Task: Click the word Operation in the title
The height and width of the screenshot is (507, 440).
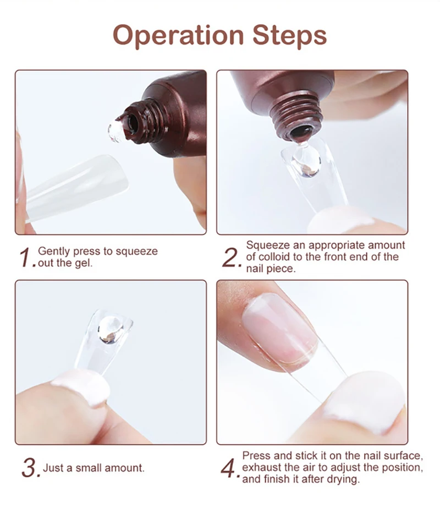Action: tap(178, 36)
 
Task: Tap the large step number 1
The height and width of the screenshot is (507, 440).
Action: tap(26, 258)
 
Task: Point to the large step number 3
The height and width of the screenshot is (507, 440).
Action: tap(30, 468)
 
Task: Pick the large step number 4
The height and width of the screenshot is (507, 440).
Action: tap(229, 468)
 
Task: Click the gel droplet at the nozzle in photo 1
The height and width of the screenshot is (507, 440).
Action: tap(116, 132)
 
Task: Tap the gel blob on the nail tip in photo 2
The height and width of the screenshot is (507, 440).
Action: tap(306, 161)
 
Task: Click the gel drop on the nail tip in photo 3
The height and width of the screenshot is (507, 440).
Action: tap(110, 330)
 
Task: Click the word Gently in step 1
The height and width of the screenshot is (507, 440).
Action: tap(54, 251)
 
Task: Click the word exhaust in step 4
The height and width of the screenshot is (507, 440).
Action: tap(261, 467)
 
